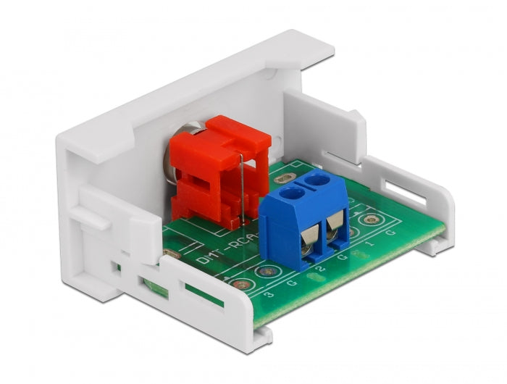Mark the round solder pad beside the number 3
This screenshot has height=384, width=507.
259,285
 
